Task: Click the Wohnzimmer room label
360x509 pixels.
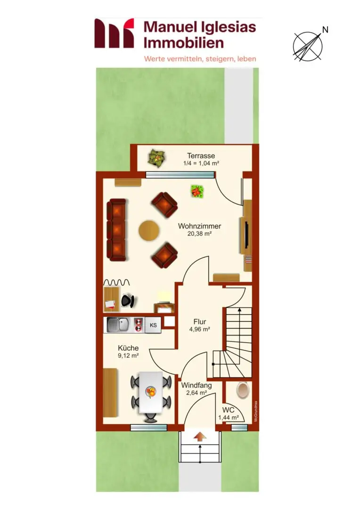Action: [199, 226]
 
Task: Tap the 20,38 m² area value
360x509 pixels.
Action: [199, 233]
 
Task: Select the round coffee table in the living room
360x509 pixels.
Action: [149, 230]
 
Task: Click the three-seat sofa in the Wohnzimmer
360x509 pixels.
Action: [116, 230]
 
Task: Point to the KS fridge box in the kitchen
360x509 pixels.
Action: [153, 325]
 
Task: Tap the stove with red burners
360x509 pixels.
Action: [139, 325]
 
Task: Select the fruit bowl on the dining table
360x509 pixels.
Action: [151, 392]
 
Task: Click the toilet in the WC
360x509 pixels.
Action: [243, 390]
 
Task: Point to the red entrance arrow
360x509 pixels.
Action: [200, 436]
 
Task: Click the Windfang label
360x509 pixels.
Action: [196, 386]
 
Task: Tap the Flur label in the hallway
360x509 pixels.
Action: [200, 322]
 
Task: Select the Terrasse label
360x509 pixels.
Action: [201, 156]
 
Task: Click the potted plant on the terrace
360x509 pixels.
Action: [157, 158]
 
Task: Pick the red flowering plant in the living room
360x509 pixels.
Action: [196, 191]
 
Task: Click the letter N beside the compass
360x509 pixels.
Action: [325, 30]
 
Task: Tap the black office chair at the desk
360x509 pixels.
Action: [128, 301]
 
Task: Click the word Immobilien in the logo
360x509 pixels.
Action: [184, 43]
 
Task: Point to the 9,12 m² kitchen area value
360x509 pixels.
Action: [128, 355]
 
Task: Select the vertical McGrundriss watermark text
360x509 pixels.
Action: [256, 411]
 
